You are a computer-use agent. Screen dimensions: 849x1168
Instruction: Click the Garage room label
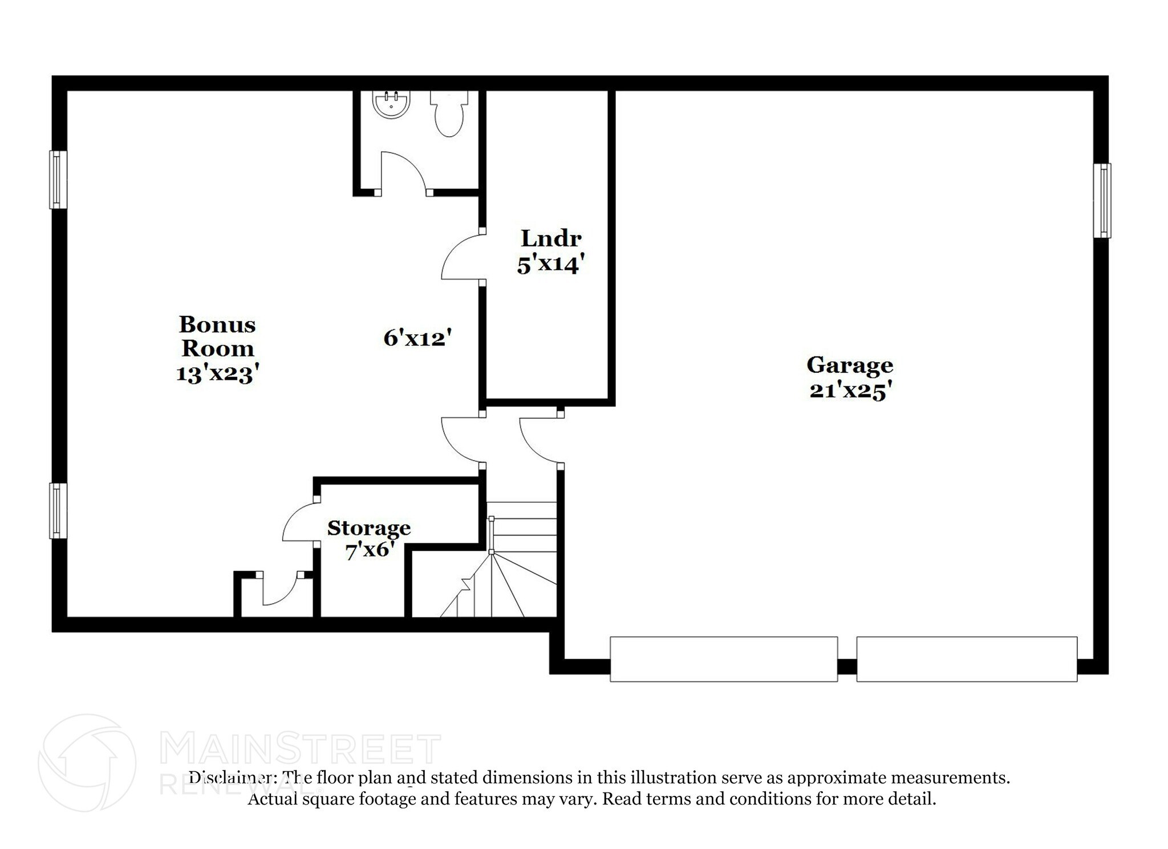click(x=849, y=364)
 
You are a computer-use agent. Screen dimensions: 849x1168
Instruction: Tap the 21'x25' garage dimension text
click(x=849, y=391)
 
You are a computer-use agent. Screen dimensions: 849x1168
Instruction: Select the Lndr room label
click(x=551, y=238)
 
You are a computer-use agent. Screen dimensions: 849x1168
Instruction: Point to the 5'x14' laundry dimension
click(x=551, y=265)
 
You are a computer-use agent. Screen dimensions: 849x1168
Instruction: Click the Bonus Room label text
click(x=217, y=336)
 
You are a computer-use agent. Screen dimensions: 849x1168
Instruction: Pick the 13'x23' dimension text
click(x=217, y=373)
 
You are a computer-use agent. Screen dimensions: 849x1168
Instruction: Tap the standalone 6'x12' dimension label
click(x=417, y=338)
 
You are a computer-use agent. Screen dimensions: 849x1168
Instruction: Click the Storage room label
click(x=368, y=528)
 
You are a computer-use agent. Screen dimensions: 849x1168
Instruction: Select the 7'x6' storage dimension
click(x=370, y=551)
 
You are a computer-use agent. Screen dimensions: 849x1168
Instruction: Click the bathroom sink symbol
click(x=391, y=105)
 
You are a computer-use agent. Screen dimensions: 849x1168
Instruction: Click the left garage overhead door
click(x=723, y=659)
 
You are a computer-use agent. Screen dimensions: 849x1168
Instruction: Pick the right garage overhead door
click(x=967, y=659)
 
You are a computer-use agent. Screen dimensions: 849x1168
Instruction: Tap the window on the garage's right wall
click(x=1102, y=201)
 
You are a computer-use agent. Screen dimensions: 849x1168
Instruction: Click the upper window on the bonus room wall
click(x=58, y=180)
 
